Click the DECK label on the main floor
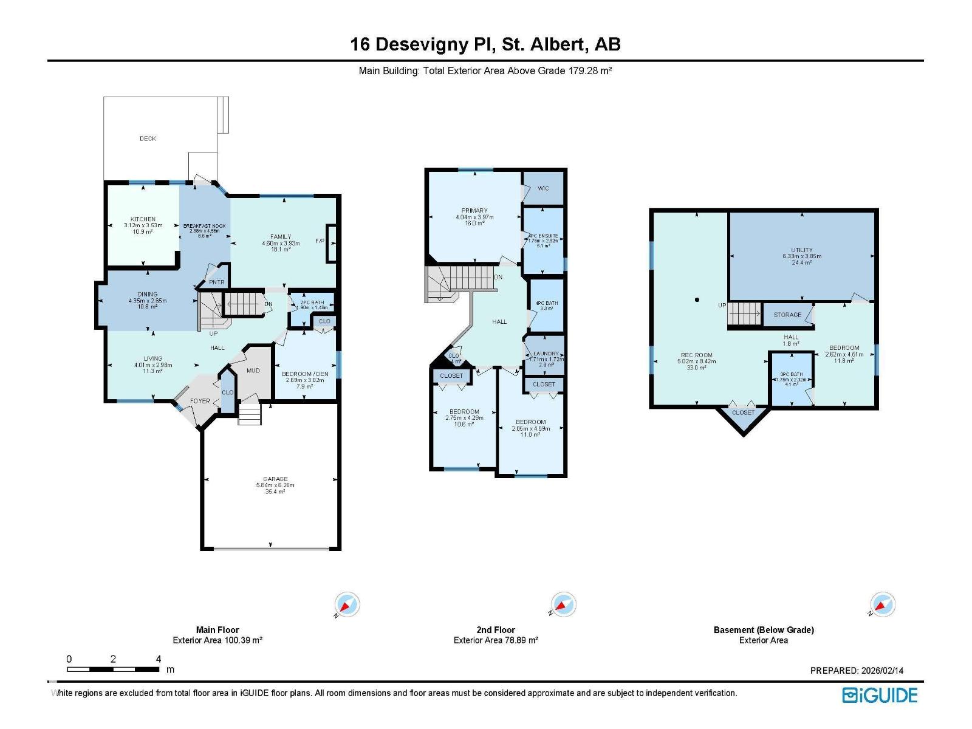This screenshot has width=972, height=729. [148, 139]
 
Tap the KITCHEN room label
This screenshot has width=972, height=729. [143, 219]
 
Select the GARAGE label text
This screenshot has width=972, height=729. [275, 479]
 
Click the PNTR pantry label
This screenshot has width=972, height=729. [216, 282]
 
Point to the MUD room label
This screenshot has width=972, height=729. [253, 371]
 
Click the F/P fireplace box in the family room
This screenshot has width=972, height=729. [331, 243]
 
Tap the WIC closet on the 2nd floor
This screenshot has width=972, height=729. [543, 188]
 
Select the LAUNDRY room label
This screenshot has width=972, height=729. [546, 354]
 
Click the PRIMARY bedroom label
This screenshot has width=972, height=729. [474, 211]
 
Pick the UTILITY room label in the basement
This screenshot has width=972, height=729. [801, 250]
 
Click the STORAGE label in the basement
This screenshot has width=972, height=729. [787, 315]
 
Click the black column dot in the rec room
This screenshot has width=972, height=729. [697, 299]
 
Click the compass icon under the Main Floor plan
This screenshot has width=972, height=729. [347, 604]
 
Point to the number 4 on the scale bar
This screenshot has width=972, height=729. [159, 659]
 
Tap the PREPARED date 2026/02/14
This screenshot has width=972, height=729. [882, 671]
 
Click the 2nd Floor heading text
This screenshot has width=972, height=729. [496, 630]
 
